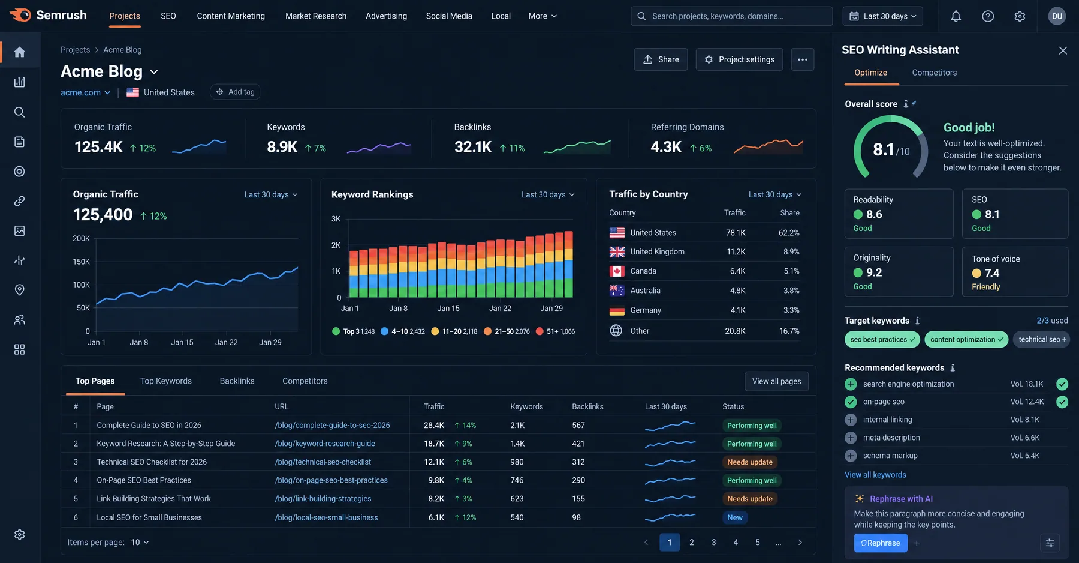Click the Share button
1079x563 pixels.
[661, 59]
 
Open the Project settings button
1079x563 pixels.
[739, 59]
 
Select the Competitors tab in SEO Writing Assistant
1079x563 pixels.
[934, 73]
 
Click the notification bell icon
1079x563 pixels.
[956, 16]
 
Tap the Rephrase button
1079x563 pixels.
[881, 543]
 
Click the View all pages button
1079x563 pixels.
[776, 381]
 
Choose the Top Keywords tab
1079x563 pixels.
[166, 381]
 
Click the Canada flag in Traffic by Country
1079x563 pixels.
[617, 271]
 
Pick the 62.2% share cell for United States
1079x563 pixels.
[789, 233]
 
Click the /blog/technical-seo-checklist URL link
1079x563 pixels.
[323, 462]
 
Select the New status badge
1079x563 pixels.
[734, 517]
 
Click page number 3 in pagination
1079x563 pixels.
[713, 543]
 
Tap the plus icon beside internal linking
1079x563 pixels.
[851, 420]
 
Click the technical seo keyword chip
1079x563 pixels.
[1042, 340]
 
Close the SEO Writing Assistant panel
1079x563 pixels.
[1063, 50]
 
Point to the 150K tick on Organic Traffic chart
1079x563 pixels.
[81, 262]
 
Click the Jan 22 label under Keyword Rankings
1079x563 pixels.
[500, 308]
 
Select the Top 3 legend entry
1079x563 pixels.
[353, 331]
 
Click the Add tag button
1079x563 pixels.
[235, 92]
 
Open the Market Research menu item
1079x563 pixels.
[316, 16]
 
